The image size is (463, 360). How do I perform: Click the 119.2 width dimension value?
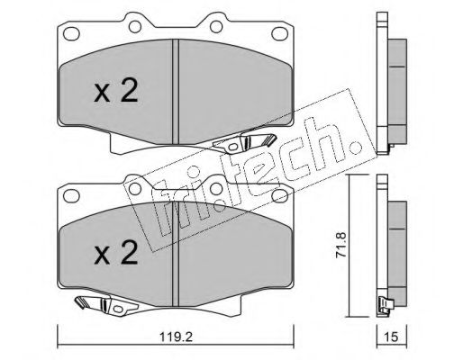(176, 337)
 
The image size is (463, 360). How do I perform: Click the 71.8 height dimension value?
(341, 245)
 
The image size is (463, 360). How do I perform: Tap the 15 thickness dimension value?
(392, 337)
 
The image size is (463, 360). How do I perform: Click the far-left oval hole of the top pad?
(71, 33)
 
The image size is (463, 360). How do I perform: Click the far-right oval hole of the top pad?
(280, 33)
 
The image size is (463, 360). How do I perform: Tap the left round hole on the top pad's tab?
(135, 26)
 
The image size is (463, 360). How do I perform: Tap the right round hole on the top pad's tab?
(216, 26)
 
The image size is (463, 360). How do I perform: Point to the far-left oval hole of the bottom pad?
(71, 196)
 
